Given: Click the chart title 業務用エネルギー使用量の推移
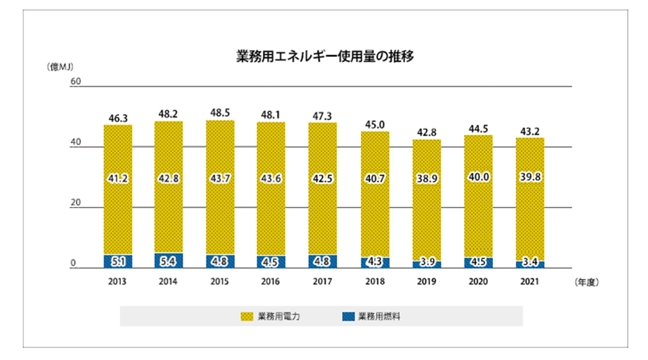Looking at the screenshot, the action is [x=325, y=56].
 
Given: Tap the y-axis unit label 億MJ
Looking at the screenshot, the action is [x=60, y=67].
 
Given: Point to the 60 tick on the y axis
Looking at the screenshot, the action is [x=76, y=81].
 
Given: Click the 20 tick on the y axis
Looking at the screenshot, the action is [x=76, y=202].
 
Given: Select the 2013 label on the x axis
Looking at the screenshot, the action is [x=117, y=282].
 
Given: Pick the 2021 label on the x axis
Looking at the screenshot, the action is [x=530, y=282].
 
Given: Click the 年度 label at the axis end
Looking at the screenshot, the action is [x=587, y=282].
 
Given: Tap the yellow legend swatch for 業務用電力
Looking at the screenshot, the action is [x=247, y=316].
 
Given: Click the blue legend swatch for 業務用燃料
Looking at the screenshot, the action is [x=349, y=316].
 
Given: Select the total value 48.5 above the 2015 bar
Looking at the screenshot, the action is [x=220, y=113].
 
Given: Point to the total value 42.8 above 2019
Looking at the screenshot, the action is [x=427, y=132].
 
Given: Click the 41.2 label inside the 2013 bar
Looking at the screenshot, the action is [x=118, y=178].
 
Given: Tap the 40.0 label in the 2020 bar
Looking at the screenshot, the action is [x=478, y=177].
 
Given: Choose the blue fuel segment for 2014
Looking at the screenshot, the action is [x=168, y=261].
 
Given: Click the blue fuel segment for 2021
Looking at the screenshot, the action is [x=530, y=264].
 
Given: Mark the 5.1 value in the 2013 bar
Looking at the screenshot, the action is [x=118, y=262].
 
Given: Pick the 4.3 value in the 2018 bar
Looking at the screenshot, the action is [x=375, y=262].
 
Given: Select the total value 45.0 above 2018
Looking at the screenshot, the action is [x=375, y=125].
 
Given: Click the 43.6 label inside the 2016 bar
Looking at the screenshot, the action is [x=271, y=178].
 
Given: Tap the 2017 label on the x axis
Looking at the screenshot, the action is [x=322, y=282].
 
